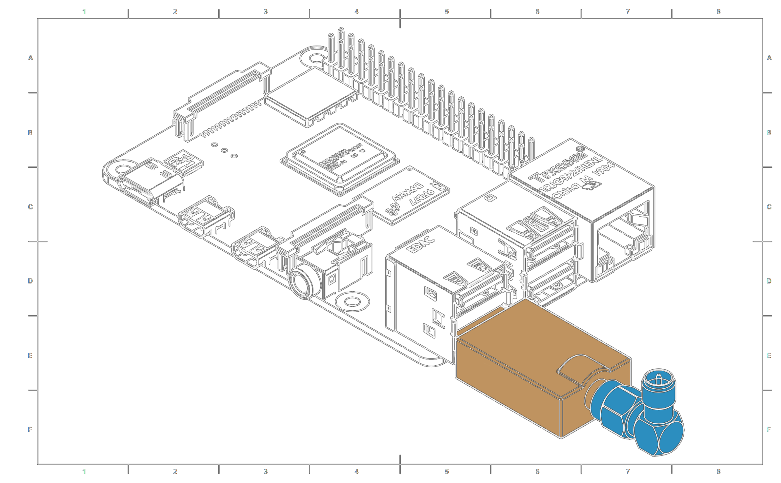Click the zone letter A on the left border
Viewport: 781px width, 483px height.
point(30,58)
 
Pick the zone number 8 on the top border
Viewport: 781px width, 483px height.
point(718,12)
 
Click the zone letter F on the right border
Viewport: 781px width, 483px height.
point(769,429)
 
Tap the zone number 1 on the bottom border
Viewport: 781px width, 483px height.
point(84,472)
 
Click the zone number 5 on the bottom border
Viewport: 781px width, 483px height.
point(447,472)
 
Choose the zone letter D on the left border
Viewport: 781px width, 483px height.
point(30,281)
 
